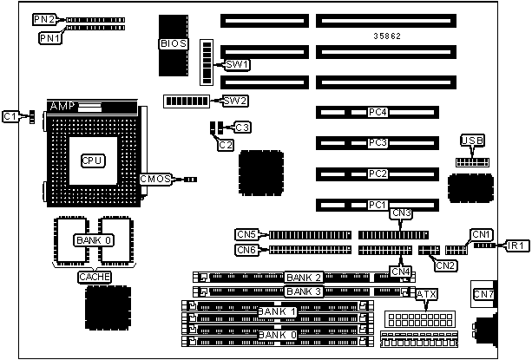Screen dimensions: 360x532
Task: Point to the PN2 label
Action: tap(43, 18)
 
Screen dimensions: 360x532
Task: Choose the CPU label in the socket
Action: tap(92, 160)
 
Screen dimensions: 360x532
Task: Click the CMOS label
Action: tap(155, 180)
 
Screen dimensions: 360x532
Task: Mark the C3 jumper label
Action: tap(243, 128)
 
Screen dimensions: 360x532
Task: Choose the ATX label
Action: tap(426, 295)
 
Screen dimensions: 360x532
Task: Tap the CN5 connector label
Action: tap(246, 234)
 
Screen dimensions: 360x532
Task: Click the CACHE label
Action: tap(95, 276)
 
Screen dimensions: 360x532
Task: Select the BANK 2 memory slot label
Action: tap(304, 278)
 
